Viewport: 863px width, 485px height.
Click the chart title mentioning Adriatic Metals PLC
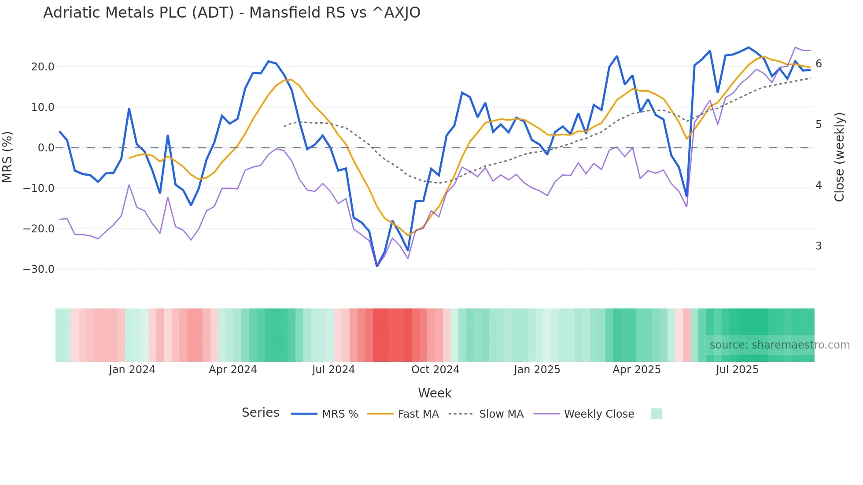pos(232,13)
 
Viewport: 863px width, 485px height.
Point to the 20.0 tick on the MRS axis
pos(42,67)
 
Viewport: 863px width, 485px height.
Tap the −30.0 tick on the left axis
pos(39,269)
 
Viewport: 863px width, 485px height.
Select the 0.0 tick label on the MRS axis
pos(46,148)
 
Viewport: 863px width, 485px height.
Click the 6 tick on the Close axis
pos(819,64)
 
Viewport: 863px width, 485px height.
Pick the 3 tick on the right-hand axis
pos(819,246)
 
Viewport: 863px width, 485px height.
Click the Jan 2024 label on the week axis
pos(132,370)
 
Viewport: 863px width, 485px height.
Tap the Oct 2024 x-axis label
pos(435,370)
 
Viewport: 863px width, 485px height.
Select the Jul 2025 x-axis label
pos(737,370)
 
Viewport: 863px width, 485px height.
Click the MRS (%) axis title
pos(7,157)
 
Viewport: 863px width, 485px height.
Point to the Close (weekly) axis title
pos(839,157)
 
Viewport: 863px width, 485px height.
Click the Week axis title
pos(435,393)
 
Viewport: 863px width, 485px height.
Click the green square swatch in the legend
pos(656,414)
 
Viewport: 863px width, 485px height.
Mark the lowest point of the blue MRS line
pos(377,266)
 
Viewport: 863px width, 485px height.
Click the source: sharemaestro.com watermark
pos(779,345)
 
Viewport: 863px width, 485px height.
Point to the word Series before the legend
pos(260,413)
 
